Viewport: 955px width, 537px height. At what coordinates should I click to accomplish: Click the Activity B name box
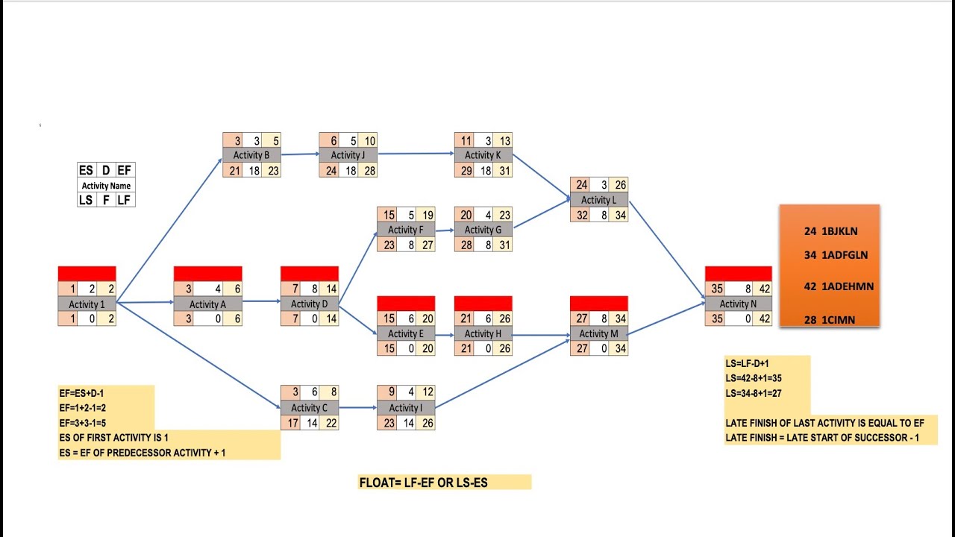251,155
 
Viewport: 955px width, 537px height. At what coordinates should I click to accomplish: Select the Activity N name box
738,304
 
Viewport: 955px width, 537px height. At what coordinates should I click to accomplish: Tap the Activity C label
309,407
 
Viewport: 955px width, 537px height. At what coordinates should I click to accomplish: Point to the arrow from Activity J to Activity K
416,154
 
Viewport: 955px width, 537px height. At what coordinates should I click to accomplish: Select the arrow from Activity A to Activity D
261,302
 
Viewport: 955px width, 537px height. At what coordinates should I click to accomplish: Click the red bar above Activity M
598,304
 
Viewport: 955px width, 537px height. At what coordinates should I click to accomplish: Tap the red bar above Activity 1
87,274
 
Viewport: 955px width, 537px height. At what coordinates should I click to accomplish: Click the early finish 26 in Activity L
620,185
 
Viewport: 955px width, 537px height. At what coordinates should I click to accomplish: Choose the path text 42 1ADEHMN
838,286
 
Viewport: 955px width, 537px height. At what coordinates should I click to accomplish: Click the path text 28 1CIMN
830,320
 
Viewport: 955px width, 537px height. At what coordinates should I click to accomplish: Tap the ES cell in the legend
87,171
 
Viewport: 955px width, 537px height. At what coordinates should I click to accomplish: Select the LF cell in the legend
125,200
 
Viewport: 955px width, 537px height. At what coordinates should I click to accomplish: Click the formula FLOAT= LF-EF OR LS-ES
424,483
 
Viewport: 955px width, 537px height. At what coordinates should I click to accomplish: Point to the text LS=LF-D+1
747,363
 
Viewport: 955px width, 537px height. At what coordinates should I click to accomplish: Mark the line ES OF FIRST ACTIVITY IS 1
114,438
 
